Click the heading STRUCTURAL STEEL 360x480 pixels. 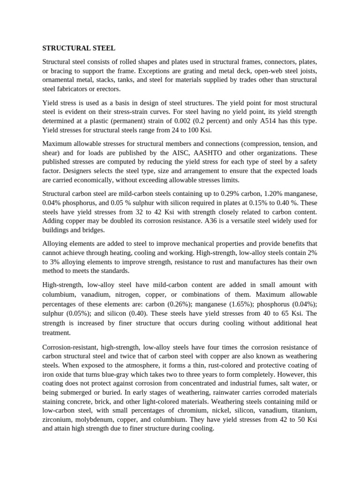[79, 48]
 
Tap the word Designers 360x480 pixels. [60, 171]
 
